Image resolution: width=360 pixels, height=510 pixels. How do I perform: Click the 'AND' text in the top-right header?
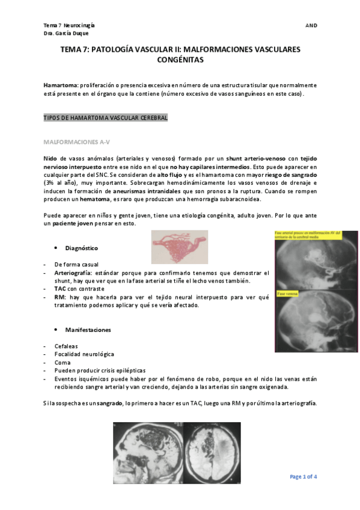pos(311,26)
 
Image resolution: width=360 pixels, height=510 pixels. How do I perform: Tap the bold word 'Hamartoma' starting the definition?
pos(60,85)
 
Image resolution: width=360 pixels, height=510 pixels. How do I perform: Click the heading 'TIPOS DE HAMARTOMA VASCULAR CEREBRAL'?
pos(106,118)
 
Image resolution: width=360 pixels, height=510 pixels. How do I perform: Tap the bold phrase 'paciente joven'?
pos(76,224)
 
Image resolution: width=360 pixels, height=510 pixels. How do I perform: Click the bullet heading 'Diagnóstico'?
pos(82,248)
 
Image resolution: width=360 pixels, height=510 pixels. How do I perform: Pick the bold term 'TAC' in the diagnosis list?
pos(59,288)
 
